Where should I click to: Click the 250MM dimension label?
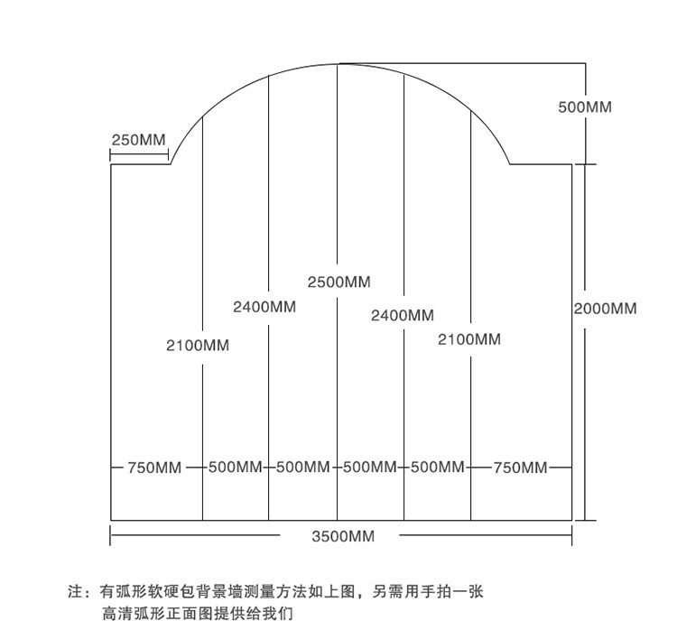pyautogui.click(x=138, y=140)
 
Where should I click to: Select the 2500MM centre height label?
pyautogui.click(x=338, y=282)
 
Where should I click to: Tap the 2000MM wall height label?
pyautogui.click(x=605, y=309)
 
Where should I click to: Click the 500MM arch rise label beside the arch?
pyautogui.click(x=585, y=107)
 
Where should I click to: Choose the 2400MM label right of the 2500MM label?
pyautogui.click(x=402, y=315)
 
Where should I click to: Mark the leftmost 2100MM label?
pyautogui.click(x=198, y=345)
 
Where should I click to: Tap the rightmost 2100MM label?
pyautogui.click(x=469, y=339)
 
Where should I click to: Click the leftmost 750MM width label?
pyautogui.click(x=154, y=468)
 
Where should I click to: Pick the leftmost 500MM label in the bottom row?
pyautogui.click(x=235, y=468)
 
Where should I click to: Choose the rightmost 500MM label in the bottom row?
pyautogui.click(x=437, y=468)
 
